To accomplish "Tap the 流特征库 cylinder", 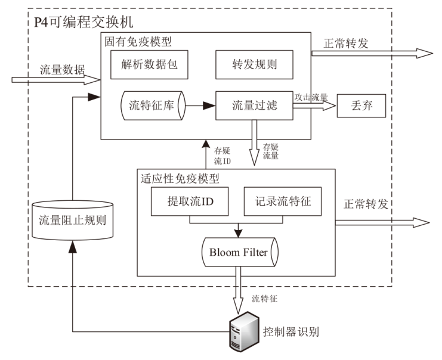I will [x=153, y=106].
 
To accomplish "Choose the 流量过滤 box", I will [x=254, y=106].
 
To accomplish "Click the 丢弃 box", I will [x=361, y=106].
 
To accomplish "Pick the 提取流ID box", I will [x=190, y=203].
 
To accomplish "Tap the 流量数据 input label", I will [x=62, y=69].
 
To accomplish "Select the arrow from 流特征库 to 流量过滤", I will [x=200, y=106].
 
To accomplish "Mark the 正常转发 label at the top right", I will [x=346, y=43].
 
